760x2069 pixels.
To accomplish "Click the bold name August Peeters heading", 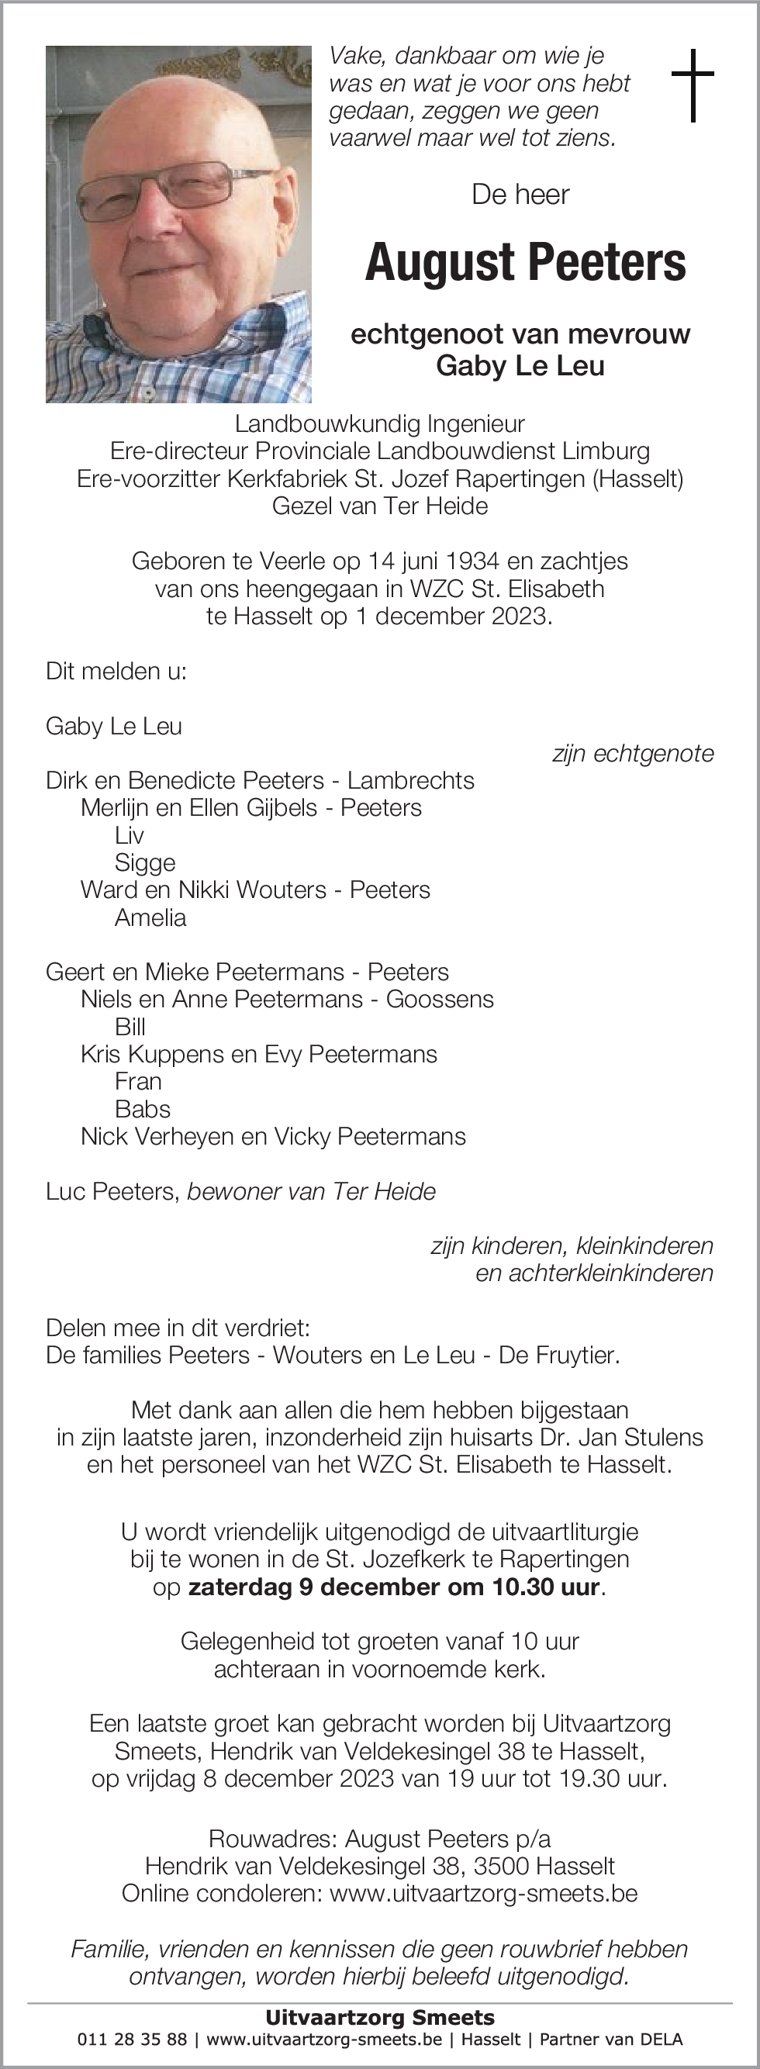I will [526, 263].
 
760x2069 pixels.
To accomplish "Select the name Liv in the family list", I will [130, 835].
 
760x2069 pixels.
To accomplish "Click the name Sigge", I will [144, 862].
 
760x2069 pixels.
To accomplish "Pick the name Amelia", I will [150, 917].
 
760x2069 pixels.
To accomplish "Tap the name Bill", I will [130, 1027].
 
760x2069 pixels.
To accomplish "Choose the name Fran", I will [138, 1081].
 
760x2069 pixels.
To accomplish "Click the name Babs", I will [142, 1108].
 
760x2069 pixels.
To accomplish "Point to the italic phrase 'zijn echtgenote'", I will [633, 754].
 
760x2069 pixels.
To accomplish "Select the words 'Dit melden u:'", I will [116, 672].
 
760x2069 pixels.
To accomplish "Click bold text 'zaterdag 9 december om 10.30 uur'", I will [394, 1587].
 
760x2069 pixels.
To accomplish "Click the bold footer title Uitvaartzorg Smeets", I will [380, 2018].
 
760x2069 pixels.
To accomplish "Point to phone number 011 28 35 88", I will [132, 2040].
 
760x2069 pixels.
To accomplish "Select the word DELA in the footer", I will [662, 2040].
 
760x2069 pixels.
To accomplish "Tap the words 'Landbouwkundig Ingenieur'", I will [380, 423].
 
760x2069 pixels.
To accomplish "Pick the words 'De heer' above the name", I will [520, 195].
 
